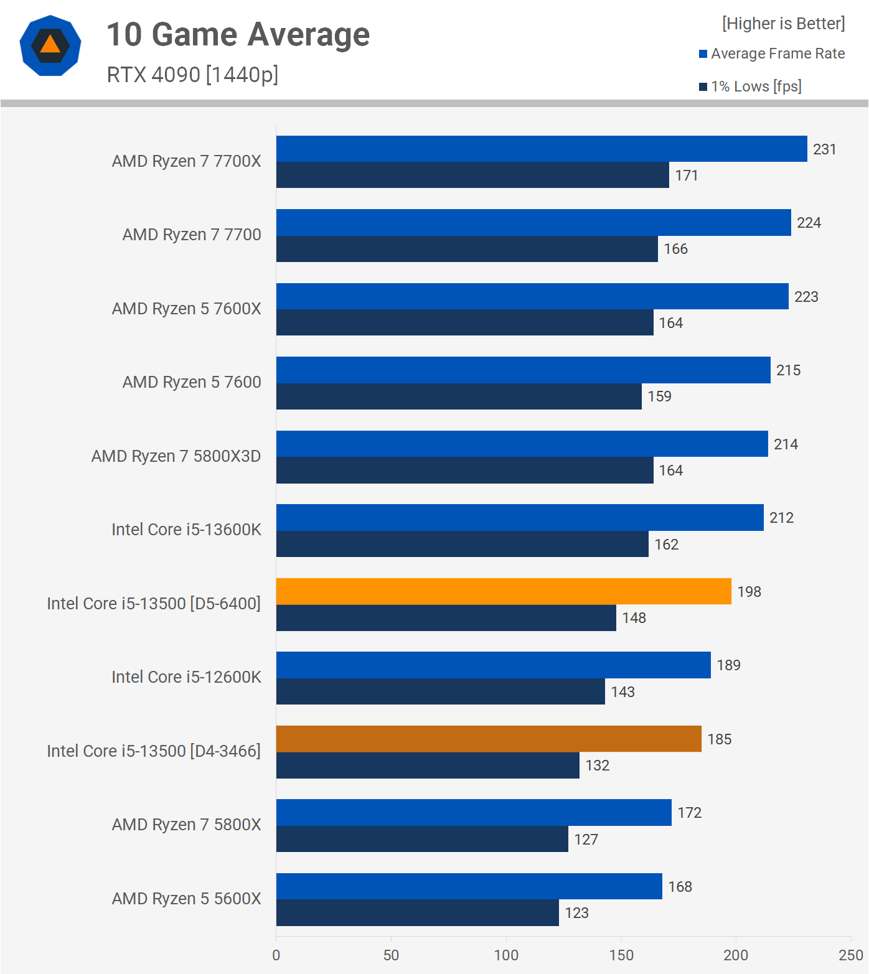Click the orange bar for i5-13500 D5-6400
[x=504, y=591]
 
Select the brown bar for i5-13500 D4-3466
[x=489, y=739]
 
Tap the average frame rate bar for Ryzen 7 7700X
[x=542, y=149]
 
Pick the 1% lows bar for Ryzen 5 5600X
[x=417, y=912]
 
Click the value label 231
[x=824, y=149]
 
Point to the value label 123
[x=576, y=913]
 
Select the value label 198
[x=749, y=592]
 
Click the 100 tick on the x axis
[x=506, y=955]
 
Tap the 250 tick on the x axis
[x=850, y=955]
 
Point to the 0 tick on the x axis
[x=276, y=955]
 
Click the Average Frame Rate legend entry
[x=772, y=54]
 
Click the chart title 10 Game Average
[x=238, y=34]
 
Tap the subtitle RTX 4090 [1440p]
[x=192, y=75]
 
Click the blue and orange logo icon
[x=50, y=45]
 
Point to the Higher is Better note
[x=783, y=24]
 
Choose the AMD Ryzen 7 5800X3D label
[x=176, y=456]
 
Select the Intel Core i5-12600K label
[x=186, y=677]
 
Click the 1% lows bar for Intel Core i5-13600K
[x=462, y=544]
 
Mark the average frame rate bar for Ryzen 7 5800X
[x=474, y=812]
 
